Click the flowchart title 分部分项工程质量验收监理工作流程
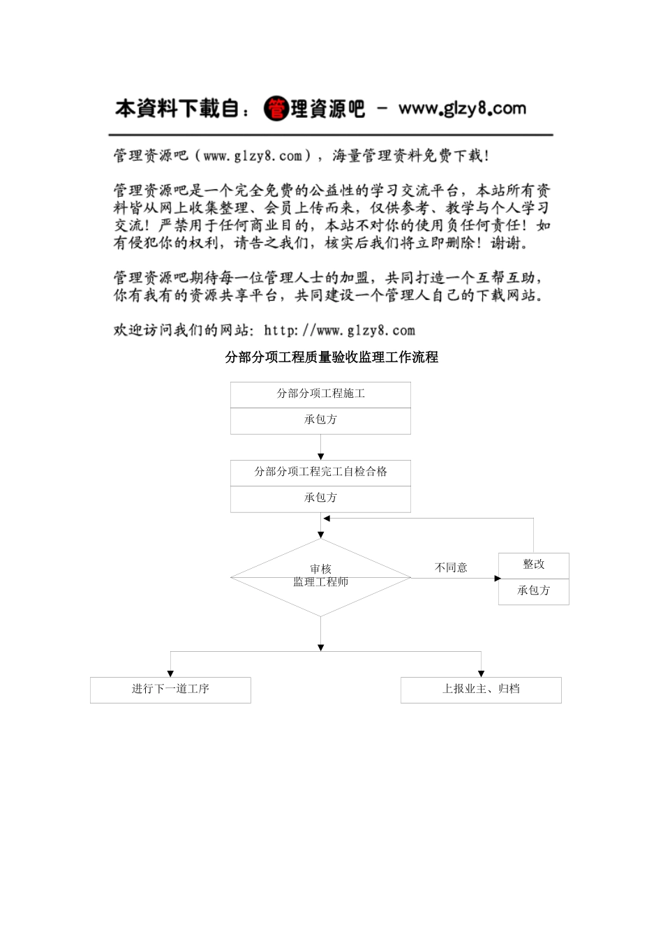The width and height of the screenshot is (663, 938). pyautogui.click(x=331, y=357)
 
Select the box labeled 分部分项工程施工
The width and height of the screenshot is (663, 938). pyautogui.click(x=320, y=394)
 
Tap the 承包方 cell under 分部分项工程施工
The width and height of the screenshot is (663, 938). pyautogui.click(x=320, y=420)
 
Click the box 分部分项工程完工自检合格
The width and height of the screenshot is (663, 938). pyautogui.click(x=320, y=472)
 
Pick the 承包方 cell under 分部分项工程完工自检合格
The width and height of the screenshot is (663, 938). pyautogui.click(x=320, y=498)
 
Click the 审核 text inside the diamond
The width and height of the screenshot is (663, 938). pyautogui.click(x=320, y=569)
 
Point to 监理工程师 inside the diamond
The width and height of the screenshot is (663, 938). pyautogui.click(x=320, y=582)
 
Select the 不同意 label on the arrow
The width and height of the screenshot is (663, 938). pyautogui.click(x=451, y=568)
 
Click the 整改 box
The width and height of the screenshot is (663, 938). pyautogui.click(x=534, y=565)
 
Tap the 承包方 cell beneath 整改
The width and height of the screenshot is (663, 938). pyautogui.click(x=534, y=591)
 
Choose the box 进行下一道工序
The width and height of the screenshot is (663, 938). pyautogui.click(x=170, y=690)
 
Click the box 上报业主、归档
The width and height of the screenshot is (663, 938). pyautogui.click(x=481, y=690)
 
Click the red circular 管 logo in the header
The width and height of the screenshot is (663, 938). pyautogui.click(x=276, y=108)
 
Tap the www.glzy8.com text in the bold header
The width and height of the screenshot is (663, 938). pyautogui.click(x=462, y=108)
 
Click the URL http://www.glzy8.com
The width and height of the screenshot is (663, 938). pyautogui.click(x=340, y=331)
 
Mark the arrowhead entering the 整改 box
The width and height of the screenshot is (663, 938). pyautogui.click(x=498, y=578)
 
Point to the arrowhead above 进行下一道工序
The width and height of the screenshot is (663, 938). pyautogui.click(x=170, y=673)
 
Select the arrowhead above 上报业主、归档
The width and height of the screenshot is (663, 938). pyautogui.click(x=481, y=673)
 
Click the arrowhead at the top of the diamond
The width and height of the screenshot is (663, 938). pyautogui.click(x=321, y=535)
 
